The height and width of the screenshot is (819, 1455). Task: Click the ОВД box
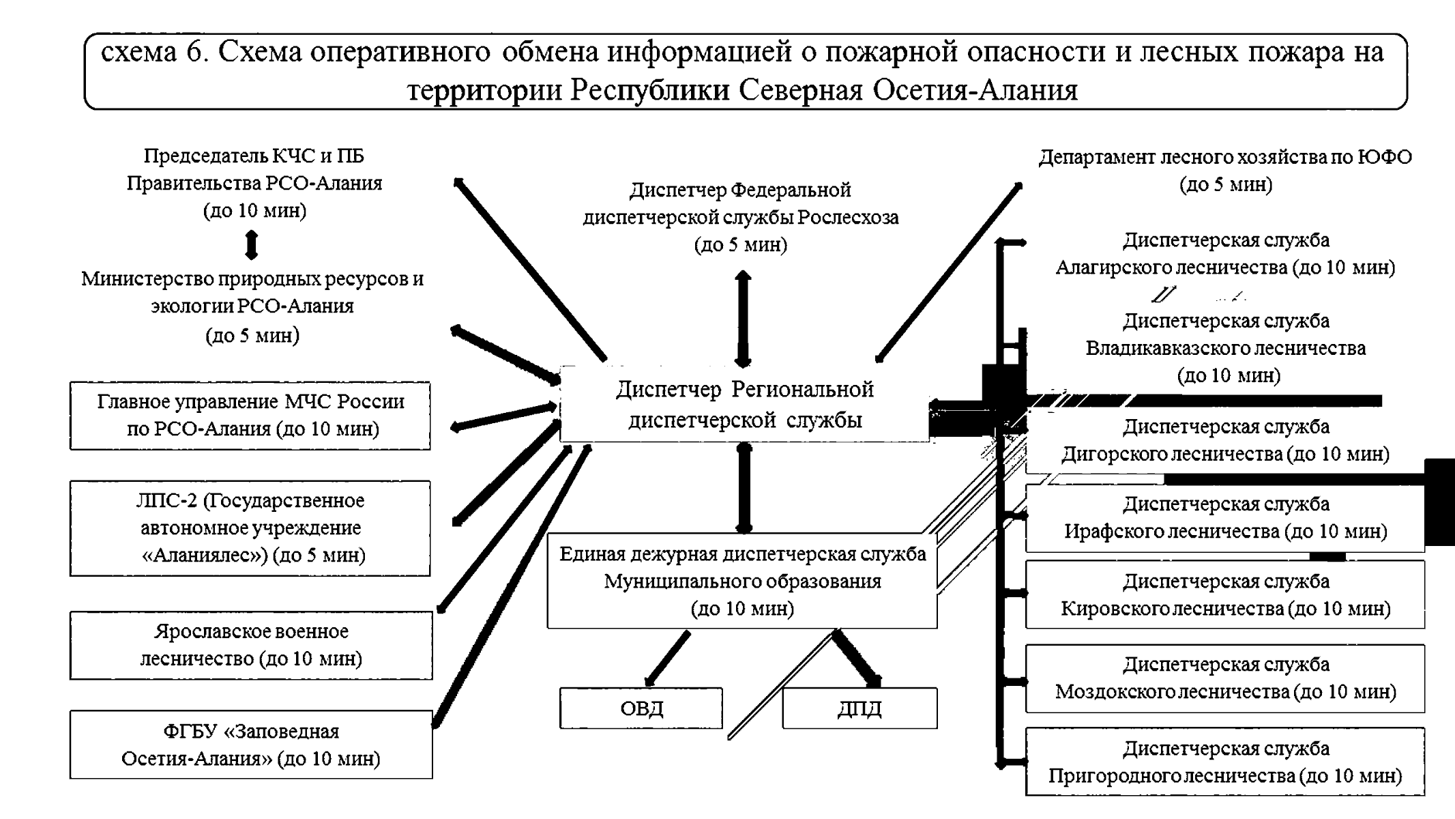pyautogui.click(x=641, y=708)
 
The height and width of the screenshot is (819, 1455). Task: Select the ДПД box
pyautogui.click(x=859, y=708)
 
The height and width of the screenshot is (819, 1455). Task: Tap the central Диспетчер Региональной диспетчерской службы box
pyautogui.click(x=744, y=404)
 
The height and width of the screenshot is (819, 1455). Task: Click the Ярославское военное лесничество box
pyautogui.click(x=250, y=645)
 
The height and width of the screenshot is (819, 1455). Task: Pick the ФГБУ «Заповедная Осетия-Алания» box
pyautogui.click(x=250, y=745)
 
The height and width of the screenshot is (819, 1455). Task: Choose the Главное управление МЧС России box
pyautogui.click(x=250, y=415)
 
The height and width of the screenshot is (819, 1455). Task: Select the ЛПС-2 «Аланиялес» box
pyautogui.click(x=250, y=528)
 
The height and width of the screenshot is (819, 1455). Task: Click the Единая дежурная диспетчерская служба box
pyautogui.click(x=741, y=581)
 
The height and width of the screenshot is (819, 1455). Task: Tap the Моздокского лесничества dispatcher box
pyautogui.click(x=1225, y=678)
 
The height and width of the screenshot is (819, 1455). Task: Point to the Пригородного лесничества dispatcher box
pyautogui.click(x=1225, y=762)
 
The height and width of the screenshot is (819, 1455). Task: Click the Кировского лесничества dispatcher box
pyautogui.click(x=1225, y=594)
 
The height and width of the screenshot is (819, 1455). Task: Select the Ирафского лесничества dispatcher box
pyautogui.click(x=1225, y=517)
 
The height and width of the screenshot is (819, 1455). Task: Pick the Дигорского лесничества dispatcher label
pyautogui.click(x=1225, y=440)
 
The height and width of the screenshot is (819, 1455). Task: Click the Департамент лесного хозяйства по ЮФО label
pyautogui.click(x=1225, y=170)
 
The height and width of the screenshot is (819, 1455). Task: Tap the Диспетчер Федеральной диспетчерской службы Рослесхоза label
pyautogui.click(x=741, y=217)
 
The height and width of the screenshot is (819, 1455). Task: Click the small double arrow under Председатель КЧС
pyautogui.click(x=251, y=245)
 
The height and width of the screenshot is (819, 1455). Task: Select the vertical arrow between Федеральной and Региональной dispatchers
pyautogui.click(x=743, y=319)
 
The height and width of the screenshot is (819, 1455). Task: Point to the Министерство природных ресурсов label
pyautogui.click(x=252, y=306)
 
